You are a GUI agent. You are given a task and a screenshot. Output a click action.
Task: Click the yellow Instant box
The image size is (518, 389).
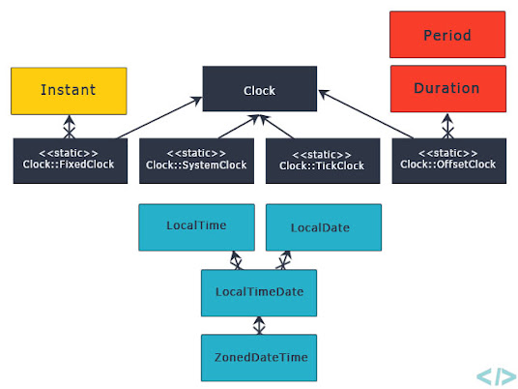pos(69,90)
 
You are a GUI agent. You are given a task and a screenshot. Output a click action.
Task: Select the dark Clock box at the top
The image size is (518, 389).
pos(259,90)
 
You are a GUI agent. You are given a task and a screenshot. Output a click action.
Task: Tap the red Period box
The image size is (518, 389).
pos(446,35)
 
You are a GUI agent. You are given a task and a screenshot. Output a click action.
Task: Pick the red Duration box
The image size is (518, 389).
pos(446,88)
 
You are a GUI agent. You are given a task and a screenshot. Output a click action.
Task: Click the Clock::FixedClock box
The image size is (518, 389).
pos(69,160)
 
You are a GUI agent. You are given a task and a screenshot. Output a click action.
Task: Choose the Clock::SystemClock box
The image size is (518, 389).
pos(196,160)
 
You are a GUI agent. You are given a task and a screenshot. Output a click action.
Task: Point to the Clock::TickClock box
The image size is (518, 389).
pos(323,160)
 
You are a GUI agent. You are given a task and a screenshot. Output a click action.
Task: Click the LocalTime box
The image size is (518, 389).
pos(196,226)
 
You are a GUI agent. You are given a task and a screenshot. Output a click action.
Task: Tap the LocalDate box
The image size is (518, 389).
pos(323,227)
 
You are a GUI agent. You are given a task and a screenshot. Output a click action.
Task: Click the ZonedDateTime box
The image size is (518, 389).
pos(259,357)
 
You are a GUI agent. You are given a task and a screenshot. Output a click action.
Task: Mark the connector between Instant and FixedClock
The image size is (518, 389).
pos(69,126)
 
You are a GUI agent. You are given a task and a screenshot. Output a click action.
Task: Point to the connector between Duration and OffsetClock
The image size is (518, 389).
pos(446,126)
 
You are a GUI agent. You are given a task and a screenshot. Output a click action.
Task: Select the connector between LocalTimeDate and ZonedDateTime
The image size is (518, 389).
pos(259,325)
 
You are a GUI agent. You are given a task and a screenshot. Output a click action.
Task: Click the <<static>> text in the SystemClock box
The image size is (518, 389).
pos(196,153)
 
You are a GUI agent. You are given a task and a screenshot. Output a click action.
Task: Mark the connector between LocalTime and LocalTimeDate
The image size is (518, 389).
pos(235,260)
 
